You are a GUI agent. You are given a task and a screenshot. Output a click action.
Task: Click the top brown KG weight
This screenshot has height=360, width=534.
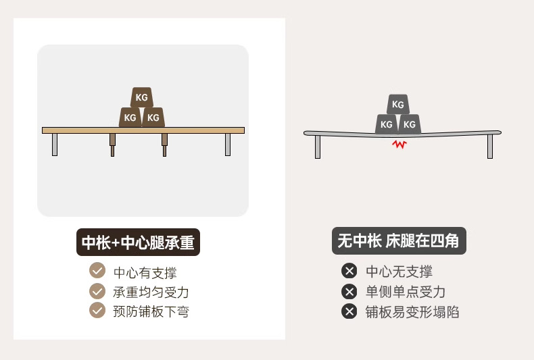click(x=141, y=97)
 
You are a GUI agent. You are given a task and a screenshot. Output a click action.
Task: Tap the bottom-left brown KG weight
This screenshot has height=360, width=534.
click(x=130, y=118)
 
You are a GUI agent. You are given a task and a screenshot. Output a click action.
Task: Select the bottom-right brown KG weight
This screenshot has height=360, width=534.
click(x=153, y=118)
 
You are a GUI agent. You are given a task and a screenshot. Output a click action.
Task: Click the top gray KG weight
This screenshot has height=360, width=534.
click(x=397, y=105)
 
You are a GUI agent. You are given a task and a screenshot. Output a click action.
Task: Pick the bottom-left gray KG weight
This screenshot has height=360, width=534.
click(x=386, y=124)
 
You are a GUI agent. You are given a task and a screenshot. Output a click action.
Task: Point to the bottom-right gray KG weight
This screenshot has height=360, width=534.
click(x=410, y=124)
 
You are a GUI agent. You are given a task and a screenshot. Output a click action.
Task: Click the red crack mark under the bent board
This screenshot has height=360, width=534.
click(x=399, y=144)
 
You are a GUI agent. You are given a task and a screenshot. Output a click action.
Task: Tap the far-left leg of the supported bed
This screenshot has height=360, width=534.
click(x=55, y=144)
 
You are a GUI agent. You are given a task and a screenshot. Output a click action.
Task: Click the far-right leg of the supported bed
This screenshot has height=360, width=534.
click(x=228, y=144)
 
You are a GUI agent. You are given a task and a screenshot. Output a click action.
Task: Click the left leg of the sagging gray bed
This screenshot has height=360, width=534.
click(x=318, y=147)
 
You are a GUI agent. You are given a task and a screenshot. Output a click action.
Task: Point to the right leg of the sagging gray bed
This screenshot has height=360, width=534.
click(x=490, y=147)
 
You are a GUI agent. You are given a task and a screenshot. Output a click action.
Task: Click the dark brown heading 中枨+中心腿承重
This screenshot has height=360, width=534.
click(x=138, y=242)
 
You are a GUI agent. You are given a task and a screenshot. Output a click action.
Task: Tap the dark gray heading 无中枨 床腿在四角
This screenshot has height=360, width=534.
click(x=399, y=241)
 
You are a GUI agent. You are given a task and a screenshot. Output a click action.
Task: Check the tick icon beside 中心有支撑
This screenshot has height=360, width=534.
click(x=97, y=271)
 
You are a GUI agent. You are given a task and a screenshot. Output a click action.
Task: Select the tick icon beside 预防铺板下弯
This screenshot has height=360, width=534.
click(x=97, y=310)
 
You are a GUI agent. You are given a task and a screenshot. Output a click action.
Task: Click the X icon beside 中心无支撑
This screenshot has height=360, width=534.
click(x=349, y=272)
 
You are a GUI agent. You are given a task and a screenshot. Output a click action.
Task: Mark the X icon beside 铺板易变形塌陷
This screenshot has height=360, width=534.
click(x=349, y=311)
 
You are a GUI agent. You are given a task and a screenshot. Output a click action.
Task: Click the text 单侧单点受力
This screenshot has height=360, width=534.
click(x=406, y=292)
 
